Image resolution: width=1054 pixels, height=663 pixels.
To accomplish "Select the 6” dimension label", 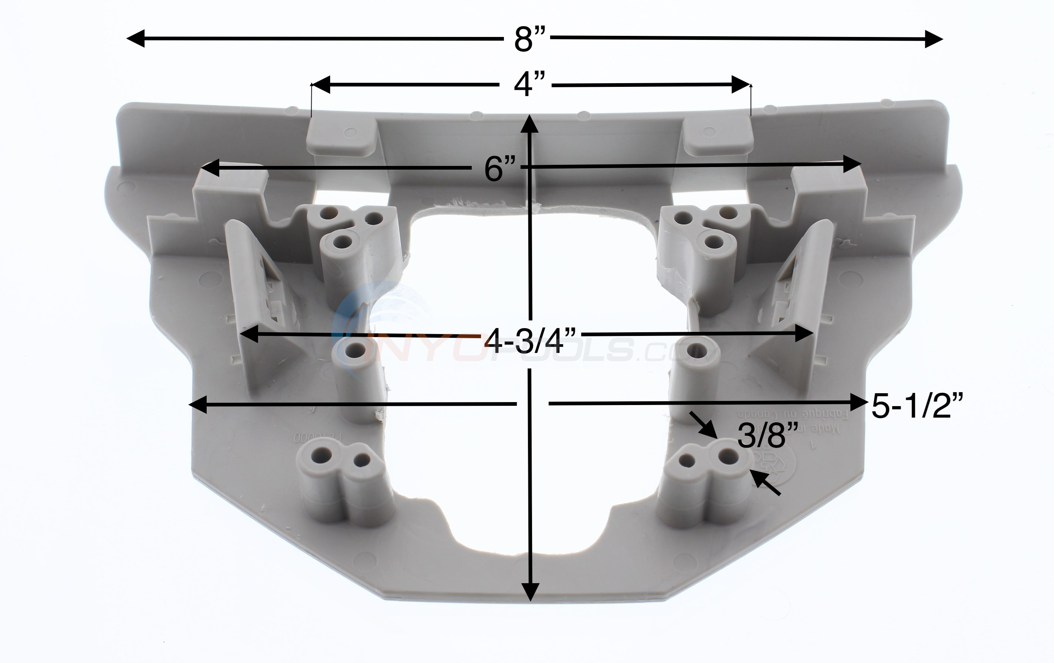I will point(500,169).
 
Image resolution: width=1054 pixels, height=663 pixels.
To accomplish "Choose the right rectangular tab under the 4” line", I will point(718,137).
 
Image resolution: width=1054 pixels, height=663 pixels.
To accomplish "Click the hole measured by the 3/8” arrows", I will point(728,457).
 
